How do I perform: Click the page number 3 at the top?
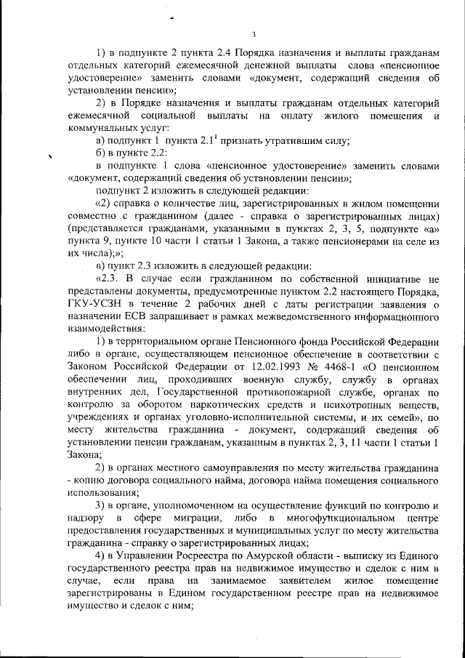(253, 34)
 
